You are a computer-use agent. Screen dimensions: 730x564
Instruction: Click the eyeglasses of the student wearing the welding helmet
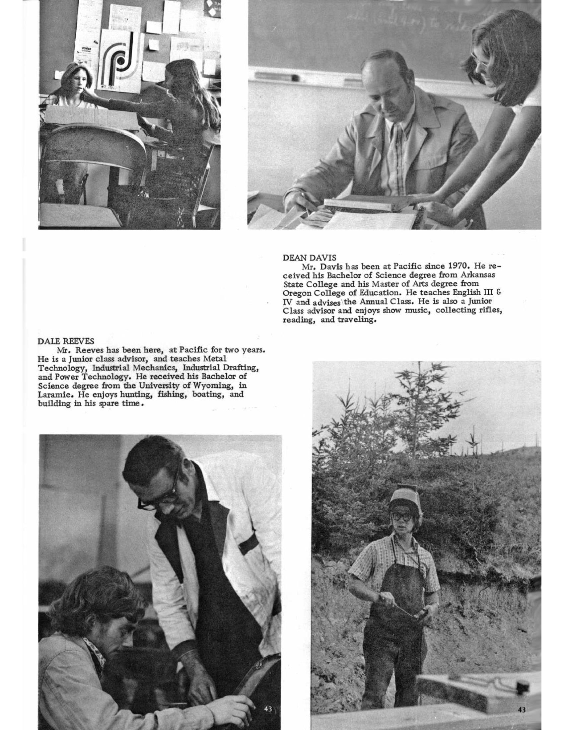coord(402,517)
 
